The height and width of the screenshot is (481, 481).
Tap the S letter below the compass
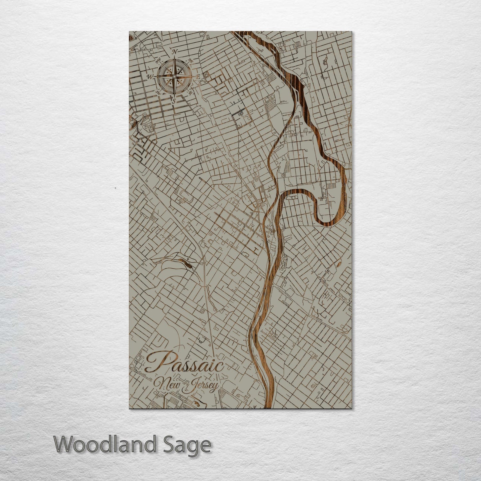pyautogui.click(x=173, y=100)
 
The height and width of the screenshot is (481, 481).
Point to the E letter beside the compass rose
pyautogui.click(x=198, y=77)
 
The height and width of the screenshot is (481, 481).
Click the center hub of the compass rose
pyautogui.click(x=174, y=76)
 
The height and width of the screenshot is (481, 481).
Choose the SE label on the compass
pyautogui.click(x=191, y=93)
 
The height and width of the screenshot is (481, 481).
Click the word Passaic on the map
pyautogui.click(x=184, y=363)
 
